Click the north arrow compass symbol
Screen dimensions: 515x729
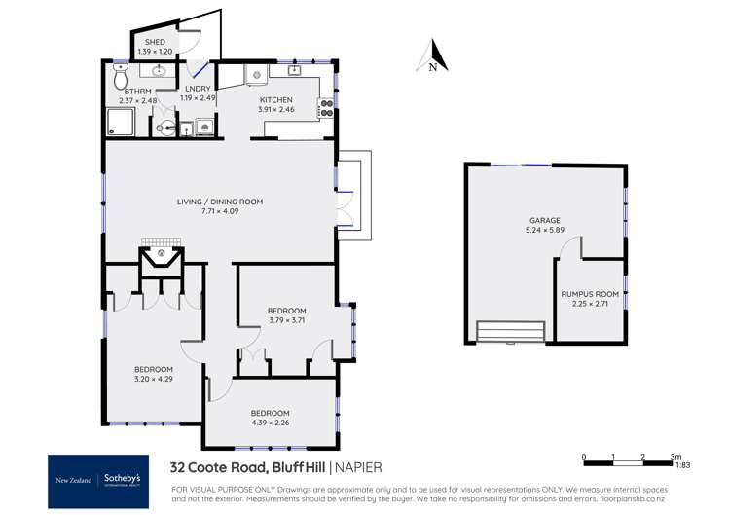432,57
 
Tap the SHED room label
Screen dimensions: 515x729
155,42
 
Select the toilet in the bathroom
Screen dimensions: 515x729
121,75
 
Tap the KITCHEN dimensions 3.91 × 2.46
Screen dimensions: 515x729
275,109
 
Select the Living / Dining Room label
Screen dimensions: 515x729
219,202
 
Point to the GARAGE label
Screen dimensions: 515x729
544,221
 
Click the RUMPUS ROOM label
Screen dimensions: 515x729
590,293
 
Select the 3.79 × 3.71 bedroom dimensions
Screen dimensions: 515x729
287,320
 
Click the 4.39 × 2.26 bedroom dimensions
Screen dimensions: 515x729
270,423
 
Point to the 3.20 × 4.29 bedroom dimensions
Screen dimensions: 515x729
154,380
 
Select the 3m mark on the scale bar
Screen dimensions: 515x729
674,456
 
